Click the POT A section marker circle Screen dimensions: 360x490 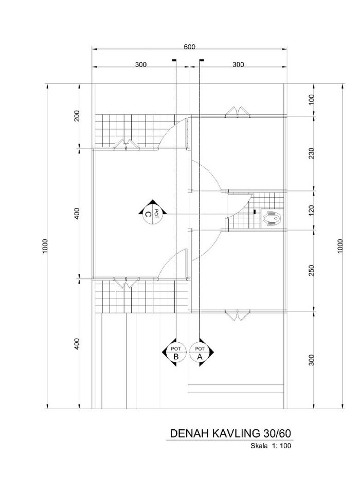200,352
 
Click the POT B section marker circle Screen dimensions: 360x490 176,352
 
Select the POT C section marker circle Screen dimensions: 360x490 152,214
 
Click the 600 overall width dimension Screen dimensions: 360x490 190,47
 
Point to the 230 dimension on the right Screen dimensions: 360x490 311,153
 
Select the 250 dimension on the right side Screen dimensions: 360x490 311,271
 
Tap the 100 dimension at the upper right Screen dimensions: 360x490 311,100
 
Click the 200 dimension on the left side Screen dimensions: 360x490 77,116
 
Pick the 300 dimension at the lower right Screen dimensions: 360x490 311,360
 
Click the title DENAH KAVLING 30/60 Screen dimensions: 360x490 230,433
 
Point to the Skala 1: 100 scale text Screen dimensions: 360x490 271,446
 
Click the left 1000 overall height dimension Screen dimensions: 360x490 45,246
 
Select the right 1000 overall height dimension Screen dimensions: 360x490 340,246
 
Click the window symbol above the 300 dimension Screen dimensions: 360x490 238,314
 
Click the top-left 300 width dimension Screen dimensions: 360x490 141,65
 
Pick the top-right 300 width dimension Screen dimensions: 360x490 238,65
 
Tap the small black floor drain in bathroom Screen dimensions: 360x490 255,212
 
